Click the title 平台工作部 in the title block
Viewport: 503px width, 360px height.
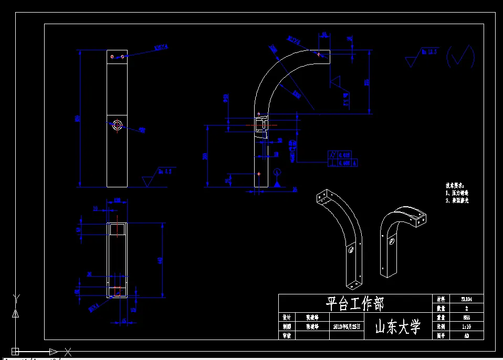[355, 303]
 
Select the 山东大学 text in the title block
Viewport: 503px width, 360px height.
[398, 327]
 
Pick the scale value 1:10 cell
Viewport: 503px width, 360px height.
[466, 326]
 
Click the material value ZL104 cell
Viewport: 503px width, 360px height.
[466, 299]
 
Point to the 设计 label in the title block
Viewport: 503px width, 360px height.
[287, 317]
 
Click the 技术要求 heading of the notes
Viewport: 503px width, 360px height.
[455, 186]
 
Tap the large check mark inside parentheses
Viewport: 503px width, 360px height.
[460, 56]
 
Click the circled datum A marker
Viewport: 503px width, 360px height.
[277, 172]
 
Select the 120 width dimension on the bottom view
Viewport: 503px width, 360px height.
[117, 200]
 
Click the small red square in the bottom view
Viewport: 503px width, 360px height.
[118, 290]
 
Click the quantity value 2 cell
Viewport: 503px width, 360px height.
[466, 308]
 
